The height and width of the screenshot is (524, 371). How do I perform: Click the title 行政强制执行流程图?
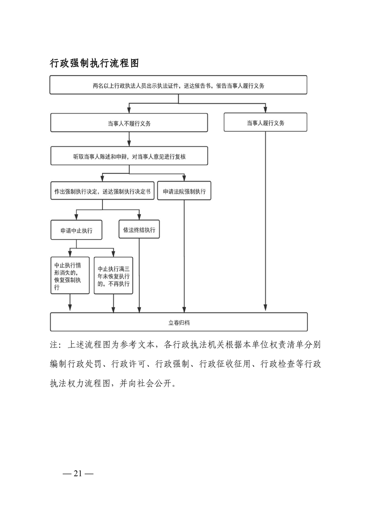point(94,64)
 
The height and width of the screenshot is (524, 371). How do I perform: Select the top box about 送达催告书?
point(178,85)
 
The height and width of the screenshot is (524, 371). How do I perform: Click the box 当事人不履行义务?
point(129,123)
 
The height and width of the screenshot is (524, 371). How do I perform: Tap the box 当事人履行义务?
point(265,123)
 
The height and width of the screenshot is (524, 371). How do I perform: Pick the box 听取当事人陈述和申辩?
point(129,157)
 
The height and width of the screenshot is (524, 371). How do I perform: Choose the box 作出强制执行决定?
point(102,191)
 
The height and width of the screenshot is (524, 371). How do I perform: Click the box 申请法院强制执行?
point(184,191)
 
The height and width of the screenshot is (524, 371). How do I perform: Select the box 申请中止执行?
point(76,230)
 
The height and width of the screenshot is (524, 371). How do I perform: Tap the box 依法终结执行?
point(139,230)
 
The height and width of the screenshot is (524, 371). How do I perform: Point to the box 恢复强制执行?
point(70,276)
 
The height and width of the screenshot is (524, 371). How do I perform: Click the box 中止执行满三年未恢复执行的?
point(113,276)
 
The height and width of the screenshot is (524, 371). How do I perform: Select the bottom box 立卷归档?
point(178,322)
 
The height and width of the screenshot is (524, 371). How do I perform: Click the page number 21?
point(78,473)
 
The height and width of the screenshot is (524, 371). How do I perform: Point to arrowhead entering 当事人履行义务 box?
point(265,110)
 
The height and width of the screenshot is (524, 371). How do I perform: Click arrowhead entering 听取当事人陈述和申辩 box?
point(129,144)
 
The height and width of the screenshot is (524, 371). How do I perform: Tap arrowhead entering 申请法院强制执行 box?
point(184,178)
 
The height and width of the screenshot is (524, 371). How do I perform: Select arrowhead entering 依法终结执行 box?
point(139,217)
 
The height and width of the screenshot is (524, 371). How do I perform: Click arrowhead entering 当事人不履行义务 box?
point(129,110)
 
